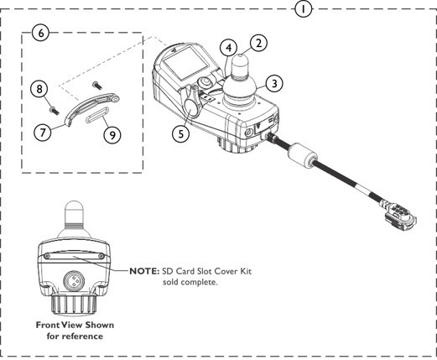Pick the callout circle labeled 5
(179, 132)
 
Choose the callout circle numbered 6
(39, 34)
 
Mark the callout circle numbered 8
(38, 88)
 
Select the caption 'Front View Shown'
(75, 325)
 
